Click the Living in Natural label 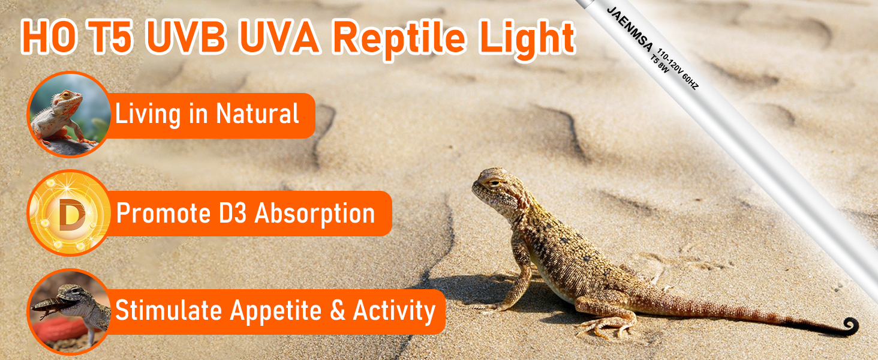(x=207, y=114)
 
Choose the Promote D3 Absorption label (x=246, y=213)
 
